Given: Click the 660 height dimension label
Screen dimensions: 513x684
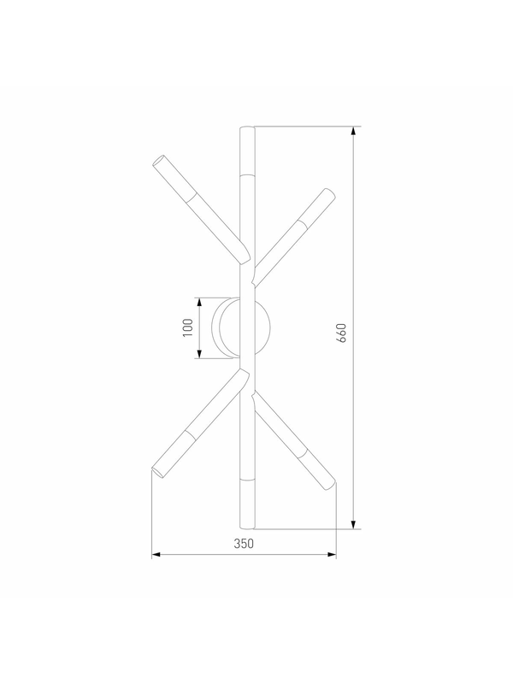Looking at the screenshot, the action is click(x=341, y=333).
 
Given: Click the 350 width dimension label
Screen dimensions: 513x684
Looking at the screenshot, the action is click(x=244, y=544).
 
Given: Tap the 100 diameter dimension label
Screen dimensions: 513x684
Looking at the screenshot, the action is click(x=187, y=327).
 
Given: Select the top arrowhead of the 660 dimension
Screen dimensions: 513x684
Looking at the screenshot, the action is click(x=354, y=131).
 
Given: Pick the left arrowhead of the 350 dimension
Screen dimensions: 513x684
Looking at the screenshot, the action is click(x=156, y=555).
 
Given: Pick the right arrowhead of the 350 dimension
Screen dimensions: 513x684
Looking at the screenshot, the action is click(x=332, y=555).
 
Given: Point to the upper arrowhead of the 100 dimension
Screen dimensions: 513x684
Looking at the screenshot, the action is click(x=199, y=303).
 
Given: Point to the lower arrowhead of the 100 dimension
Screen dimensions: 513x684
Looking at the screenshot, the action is click(x=199, y=354).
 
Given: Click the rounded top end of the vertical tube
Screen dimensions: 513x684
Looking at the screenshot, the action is click(x=247, y=127).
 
